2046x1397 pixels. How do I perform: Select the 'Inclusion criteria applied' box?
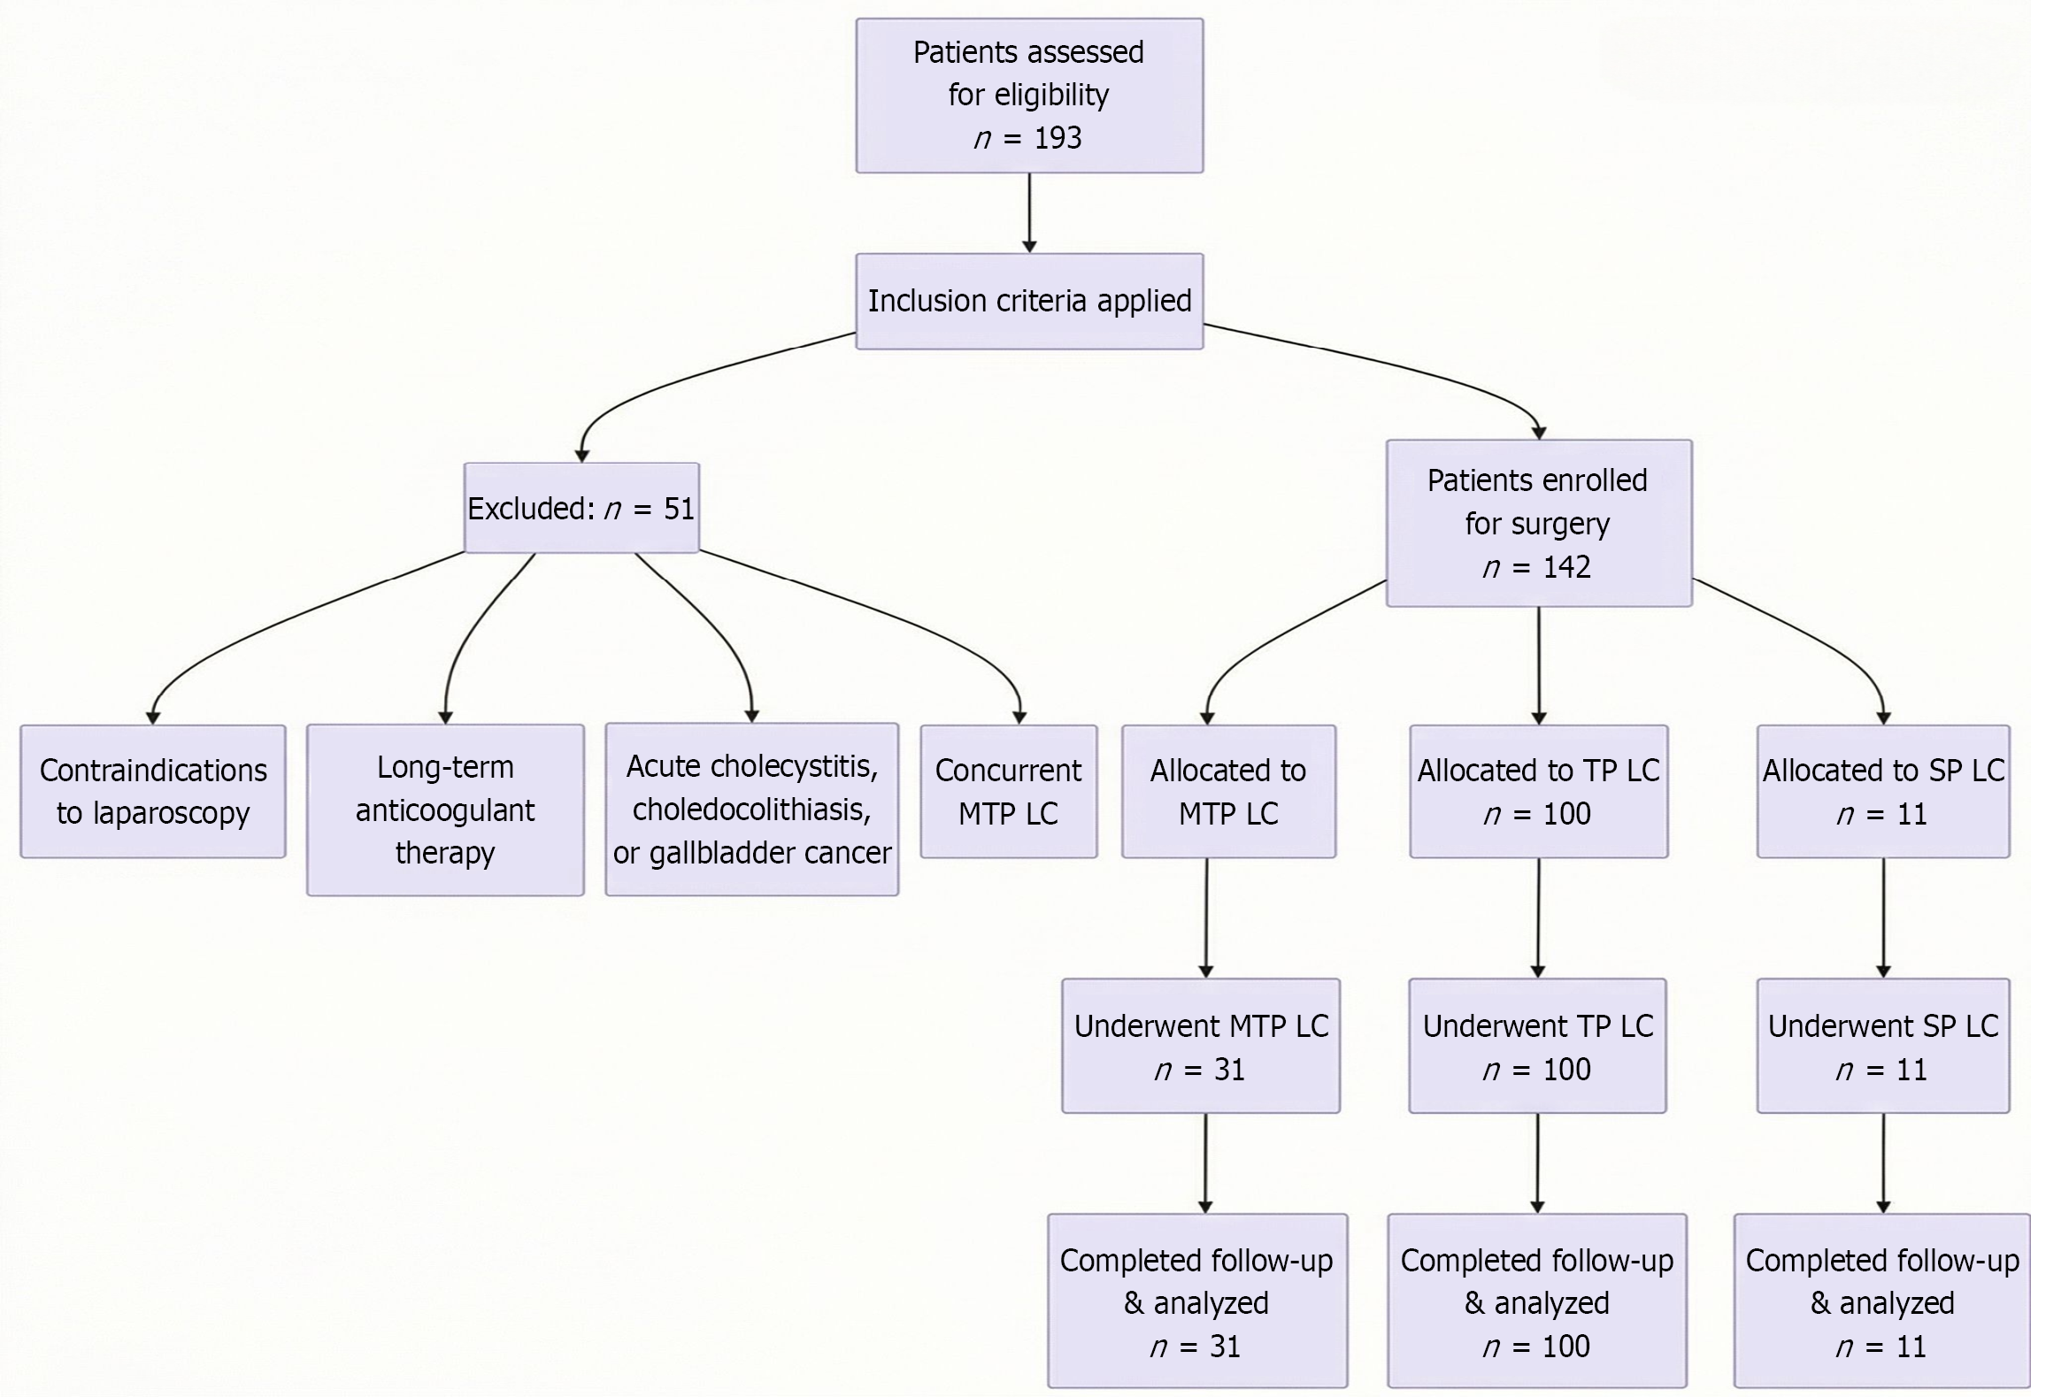pos(1028,301)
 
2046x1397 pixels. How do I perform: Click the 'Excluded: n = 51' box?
pos(581,508)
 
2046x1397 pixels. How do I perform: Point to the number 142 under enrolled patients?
pos(1566,567)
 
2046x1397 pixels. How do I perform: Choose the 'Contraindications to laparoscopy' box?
pos(153,791)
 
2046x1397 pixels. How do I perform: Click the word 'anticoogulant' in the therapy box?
pos(445,810)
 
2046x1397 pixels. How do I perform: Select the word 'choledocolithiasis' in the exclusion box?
pos(751,810)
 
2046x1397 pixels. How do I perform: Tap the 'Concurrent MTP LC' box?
pos(1008,791)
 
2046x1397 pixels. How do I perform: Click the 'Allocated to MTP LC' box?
pos(1227,791)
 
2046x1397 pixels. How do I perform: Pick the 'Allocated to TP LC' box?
pos(1538,791)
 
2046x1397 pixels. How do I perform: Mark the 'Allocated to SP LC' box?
pos(1882,791)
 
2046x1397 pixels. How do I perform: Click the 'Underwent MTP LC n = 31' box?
pos(1200,1046)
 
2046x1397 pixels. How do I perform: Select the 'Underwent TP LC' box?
pos(1537,1046)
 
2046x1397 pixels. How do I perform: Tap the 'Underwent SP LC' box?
pos(1882,1046)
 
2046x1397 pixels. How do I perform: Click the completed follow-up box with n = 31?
pos(1196,1301)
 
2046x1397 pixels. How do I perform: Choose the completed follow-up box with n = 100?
pos(1537,1301)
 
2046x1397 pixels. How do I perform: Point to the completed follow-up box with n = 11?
pos(1881,1301)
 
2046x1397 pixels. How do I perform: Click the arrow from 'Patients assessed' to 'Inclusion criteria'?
pos(1029,212)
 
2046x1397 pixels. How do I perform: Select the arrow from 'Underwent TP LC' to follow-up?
pos(1537,1163)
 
